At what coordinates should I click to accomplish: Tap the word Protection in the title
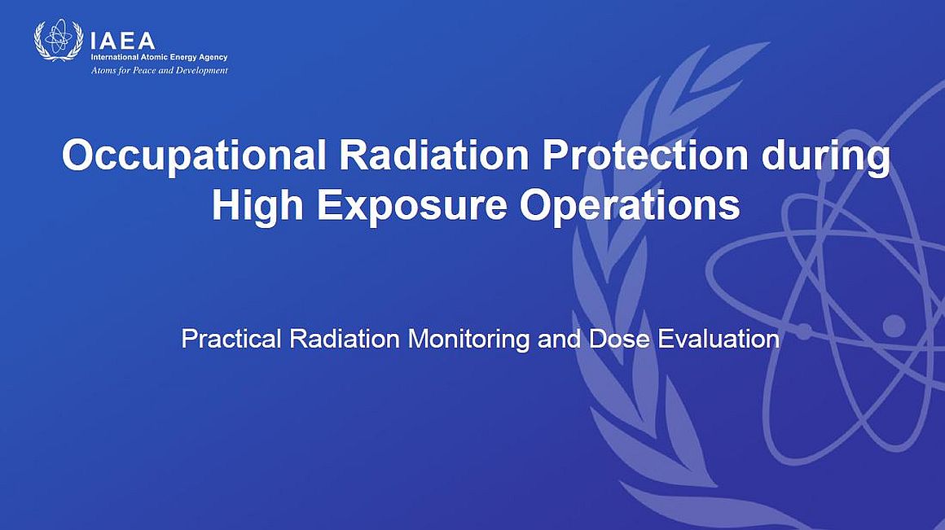coord(645,155)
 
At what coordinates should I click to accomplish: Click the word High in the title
coord(257,205)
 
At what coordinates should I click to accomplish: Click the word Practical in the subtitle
coord(231,339)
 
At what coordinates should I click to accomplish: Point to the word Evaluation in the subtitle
coord(719,339)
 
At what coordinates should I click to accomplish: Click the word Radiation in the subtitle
coord(344,339)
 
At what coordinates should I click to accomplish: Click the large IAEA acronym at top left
coord(122,41)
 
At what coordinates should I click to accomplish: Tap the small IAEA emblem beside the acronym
coord(59,40)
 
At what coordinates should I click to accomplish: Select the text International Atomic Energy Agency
coord(159,57)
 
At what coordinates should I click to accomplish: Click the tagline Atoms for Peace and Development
coord(159,71)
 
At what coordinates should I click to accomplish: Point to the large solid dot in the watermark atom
coord(894,326)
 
